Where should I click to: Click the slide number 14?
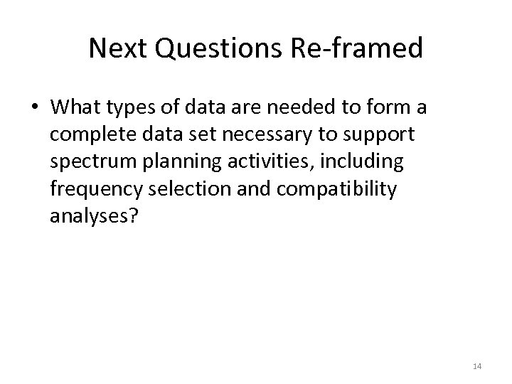point(476,366)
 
